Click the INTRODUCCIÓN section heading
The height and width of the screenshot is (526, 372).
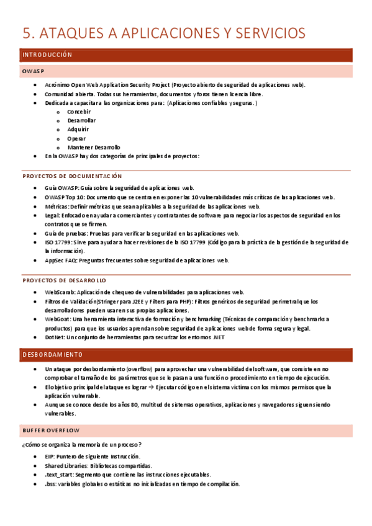(x=47, y=55)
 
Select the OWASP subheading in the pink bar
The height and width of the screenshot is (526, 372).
(x=33, y=71)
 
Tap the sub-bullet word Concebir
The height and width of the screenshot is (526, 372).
(x=79, y=112)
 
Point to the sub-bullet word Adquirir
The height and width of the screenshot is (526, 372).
(x=78, y=129)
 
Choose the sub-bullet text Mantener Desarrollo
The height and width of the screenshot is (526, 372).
(x=94, y=147)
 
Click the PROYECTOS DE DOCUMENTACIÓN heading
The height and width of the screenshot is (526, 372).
(x=72, y=176)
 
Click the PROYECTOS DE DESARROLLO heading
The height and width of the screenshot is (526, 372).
(x=64, y=280)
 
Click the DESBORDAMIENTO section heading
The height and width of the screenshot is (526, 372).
(x=52, y=355)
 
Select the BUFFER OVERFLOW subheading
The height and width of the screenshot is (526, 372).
(x=51, y=430)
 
